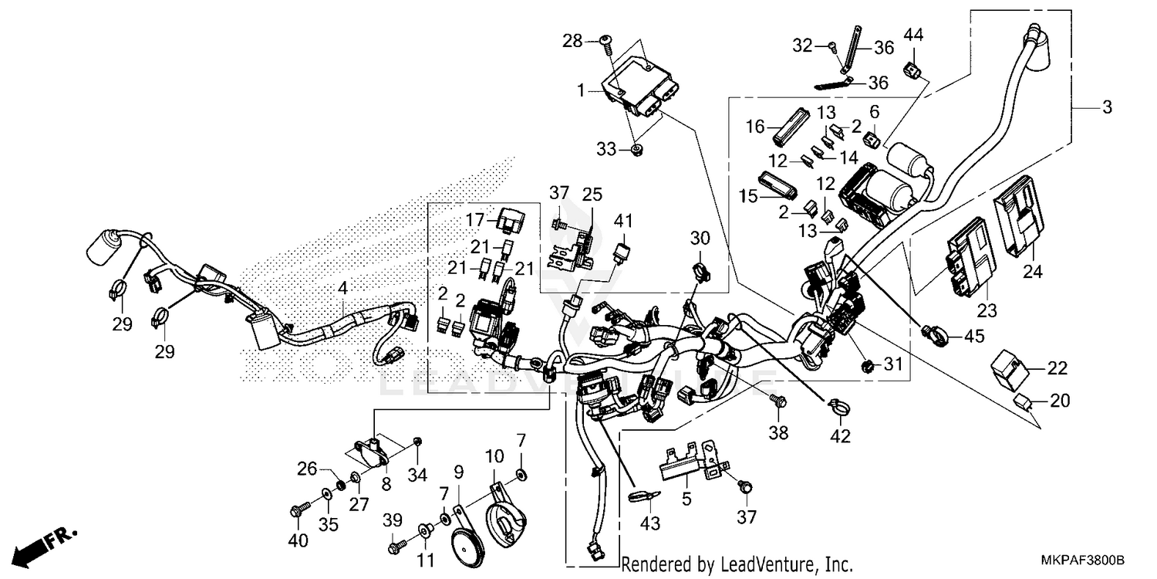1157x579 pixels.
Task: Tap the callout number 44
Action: [913, 35]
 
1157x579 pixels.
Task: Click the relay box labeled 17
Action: [509, 220]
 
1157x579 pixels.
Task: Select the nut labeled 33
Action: [637, 149]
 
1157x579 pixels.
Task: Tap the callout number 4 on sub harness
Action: [342, 288]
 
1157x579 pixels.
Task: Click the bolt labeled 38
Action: [778, 400]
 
